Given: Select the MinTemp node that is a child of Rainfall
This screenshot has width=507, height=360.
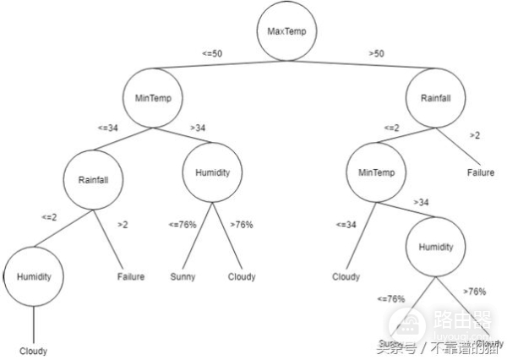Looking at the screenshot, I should (376, 173).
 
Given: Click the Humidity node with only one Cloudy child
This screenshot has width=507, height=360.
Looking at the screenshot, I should (33, 276).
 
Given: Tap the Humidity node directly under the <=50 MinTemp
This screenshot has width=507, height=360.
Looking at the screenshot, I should (212, 172).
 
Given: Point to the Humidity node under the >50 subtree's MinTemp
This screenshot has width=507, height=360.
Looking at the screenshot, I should (436, 248).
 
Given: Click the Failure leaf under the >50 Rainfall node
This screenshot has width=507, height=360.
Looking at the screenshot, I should (481, 173).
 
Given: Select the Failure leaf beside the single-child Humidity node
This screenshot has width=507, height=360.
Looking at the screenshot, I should (130, 276).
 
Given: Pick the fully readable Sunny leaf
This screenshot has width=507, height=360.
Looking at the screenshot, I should (183, 276).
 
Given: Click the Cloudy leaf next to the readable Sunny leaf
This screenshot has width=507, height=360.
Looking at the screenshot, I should (241, 276).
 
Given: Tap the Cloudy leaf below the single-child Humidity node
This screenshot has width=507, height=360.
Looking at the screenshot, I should (33, 351).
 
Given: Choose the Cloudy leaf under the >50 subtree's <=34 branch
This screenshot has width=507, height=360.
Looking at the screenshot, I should (345, 276).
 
